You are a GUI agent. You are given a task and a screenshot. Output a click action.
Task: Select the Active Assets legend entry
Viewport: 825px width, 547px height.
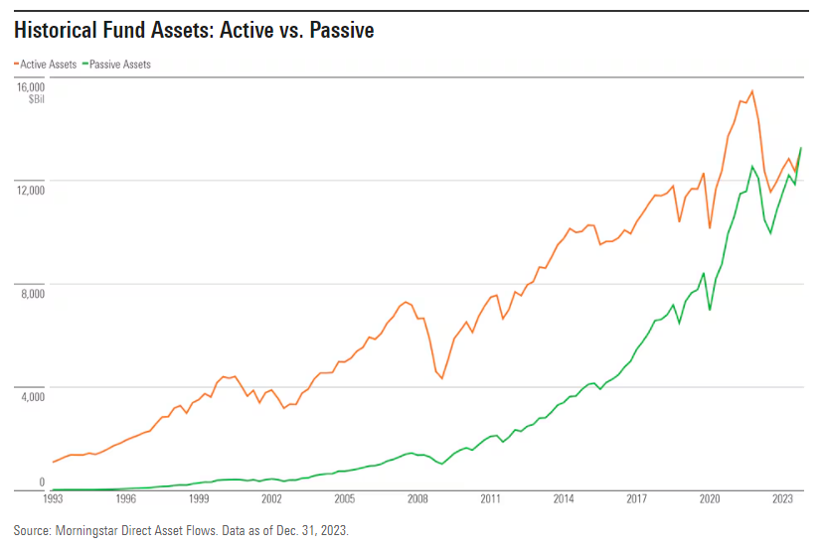[x=47, y=64]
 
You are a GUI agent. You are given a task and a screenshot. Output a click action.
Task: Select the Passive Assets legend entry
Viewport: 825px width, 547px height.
[x=118, y=64]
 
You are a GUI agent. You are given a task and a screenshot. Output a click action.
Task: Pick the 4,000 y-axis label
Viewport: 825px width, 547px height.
[x=33, y=396]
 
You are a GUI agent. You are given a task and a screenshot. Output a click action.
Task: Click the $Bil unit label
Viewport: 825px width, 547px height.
[x=36, y=100]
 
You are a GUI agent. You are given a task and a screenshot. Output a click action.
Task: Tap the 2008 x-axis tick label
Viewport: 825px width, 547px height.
[x=416, y=499]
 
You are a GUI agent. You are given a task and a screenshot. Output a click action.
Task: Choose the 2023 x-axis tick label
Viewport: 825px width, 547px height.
[x=781, y=499]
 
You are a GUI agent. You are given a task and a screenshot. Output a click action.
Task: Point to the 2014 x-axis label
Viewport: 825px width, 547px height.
[x=563, y=499]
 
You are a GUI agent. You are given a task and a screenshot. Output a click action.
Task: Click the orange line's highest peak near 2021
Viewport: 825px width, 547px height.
[x=751, y=91]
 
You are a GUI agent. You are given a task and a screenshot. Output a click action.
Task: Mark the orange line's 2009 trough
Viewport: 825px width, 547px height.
[x=441, y=378]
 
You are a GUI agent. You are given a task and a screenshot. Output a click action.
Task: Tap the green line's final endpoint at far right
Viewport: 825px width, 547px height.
[x=801, y=148]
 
